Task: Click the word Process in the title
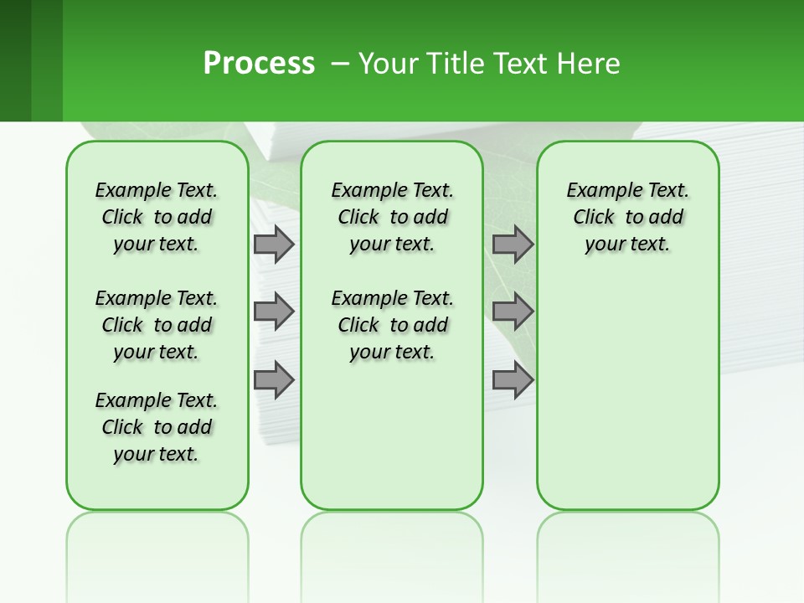click(x=259, y=64)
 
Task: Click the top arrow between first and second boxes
click(x=274, y=245)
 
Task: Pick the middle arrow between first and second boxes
click(x=274, y=312)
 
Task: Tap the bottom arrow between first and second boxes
click(x=274, y=379)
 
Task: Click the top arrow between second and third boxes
click(x=513, y=245)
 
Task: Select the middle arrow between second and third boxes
click(x=513, y=312)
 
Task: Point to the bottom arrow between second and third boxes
click(x=513, y=379)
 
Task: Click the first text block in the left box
click(x=157, y=217)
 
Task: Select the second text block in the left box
click(x=157, y=325)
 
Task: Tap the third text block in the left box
click(x=157, y=427)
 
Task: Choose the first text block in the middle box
click(x=392, y=217)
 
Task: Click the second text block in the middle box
click(x=392, y=325)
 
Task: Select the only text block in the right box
click(x=627, y=217)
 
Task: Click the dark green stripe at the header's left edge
click(x=15, y=60)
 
